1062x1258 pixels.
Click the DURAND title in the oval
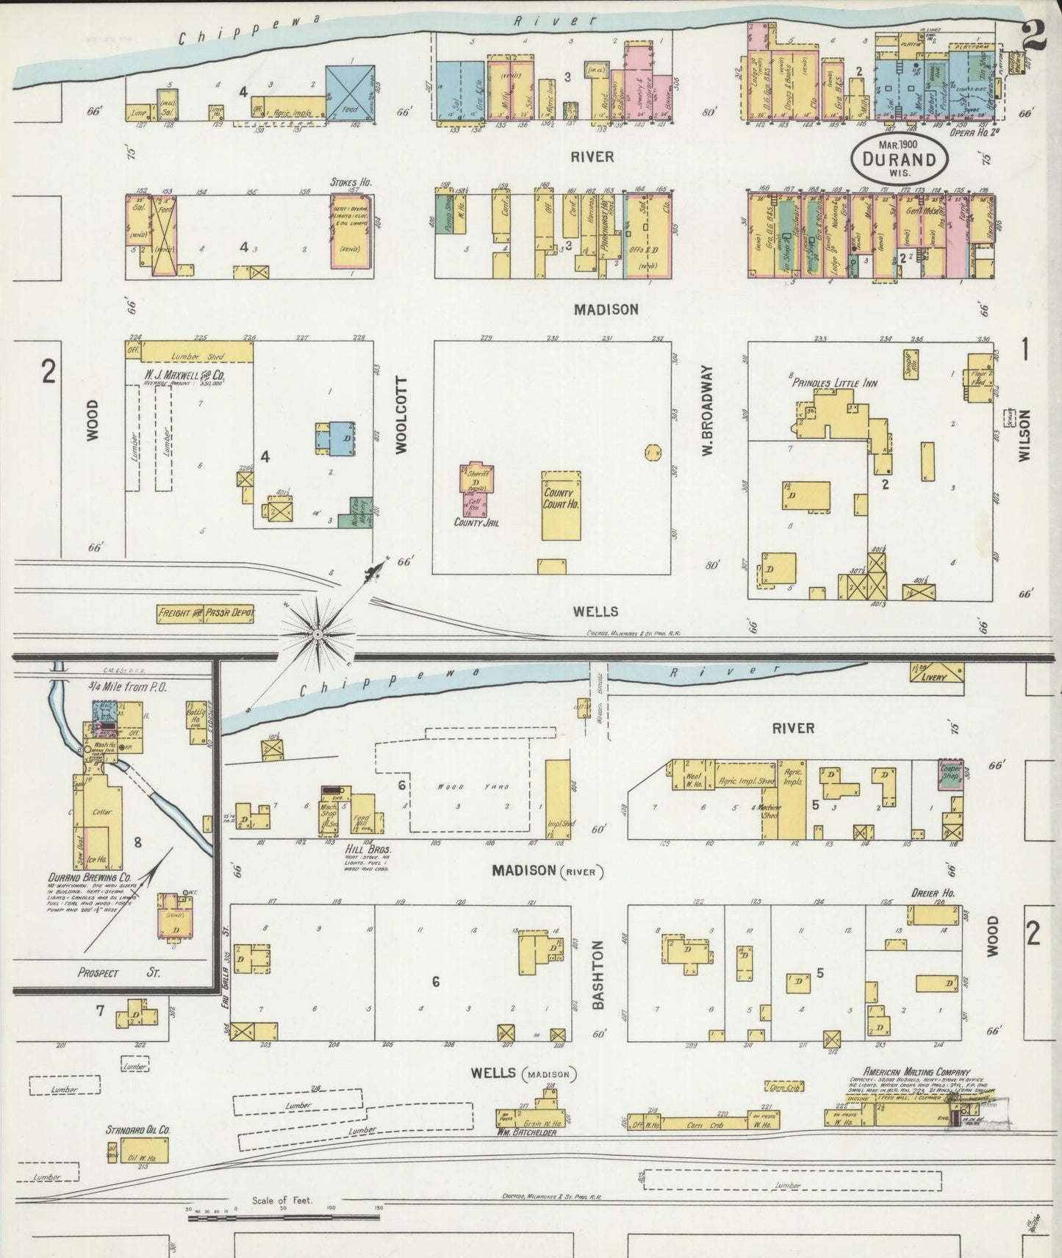coord(900,159)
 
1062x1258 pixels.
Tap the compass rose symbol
coord(317,633)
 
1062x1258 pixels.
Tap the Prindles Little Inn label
coord(834,383)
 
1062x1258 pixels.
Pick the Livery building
coord(936,676)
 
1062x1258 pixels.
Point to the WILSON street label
coord(1025,445)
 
